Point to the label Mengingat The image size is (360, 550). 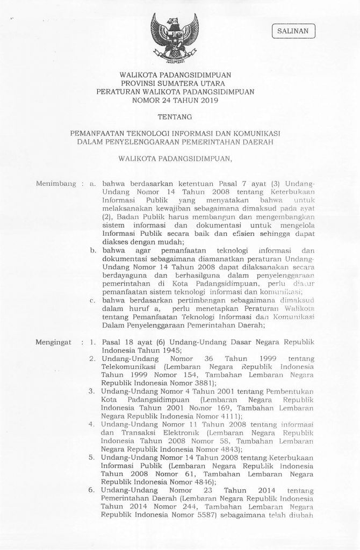[53, 341]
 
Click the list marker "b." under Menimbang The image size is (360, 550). [92, 250]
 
